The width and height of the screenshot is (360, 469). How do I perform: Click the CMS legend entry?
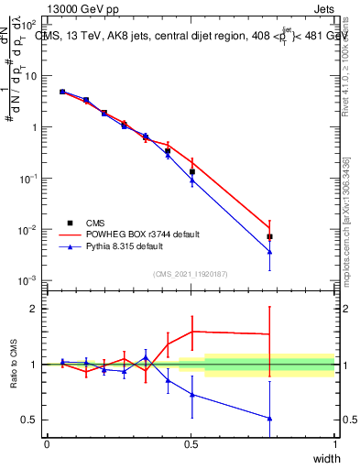[94, 222]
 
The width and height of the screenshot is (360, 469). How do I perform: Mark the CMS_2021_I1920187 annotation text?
[191, 273]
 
